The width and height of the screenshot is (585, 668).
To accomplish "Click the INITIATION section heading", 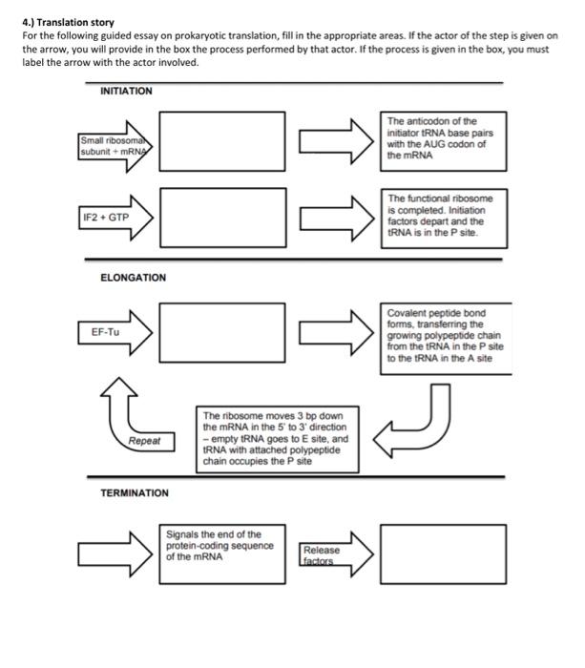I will pyautogui.click(x=126, y=91).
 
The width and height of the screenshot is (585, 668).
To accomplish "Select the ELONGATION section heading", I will pyautogui.click(x=133, y=278).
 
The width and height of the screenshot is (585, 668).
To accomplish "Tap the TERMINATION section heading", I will pyautogui.click(x=135, y=492).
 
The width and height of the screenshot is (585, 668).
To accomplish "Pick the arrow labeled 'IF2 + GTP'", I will pyautogui.click(x=115, y=217).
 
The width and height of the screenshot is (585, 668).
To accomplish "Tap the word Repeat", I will pyautogui.click(x=146, y=442).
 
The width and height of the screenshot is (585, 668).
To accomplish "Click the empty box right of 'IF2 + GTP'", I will pyautogui.click(x=221, y=216).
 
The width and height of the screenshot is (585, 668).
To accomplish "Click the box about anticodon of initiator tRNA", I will pyautogui.click(x=440, y=138).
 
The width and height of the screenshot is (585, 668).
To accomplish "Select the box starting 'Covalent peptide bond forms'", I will pyautogui.click(x=440, y=334).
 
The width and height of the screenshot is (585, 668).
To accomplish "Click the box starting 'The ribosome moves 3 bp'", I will pyautogui.click(x=278, y=438).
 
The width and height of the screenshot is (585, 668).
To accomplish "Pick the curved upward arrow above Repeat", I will pyautogui.click(x=117, y=401).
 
